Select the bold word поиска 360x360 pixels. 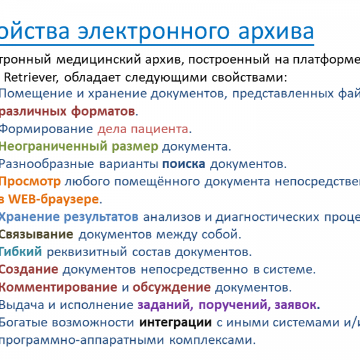[x=184, y=163]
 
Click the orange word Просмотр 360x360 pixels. [x=30, y=181]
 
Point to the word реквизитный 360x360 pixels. [x=111, y=252]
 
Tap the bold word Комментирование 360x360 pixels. [x=59, y=287]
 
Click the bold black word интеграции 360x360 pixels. [x=176, y=322]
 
